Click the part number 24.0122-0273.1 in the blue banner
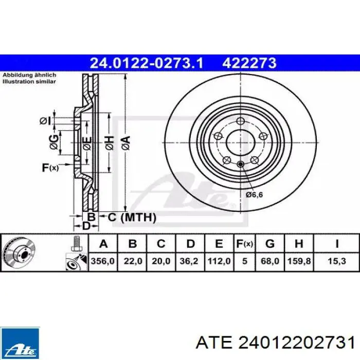[147, 63]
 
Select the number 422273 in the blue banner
[249, 63]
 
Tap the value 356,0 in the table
[103, 261]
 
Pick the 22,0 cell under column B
[133, 261]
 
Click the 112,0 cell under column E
[219, 261]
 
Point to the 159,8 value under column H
[299, 261]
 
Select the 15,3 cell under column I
[336, 261]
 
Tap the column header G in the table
[270, 244]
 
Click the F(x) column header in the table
[244, 244]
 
